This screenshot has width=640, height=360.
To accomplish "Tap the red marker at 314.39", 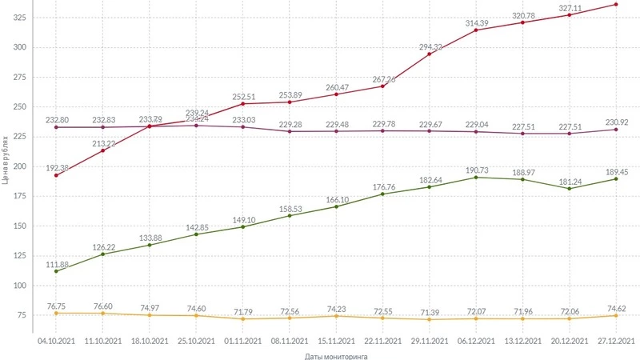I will pos(476,30).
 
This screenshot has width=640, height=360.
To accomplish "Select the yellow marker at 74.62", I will pos(615,316).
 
